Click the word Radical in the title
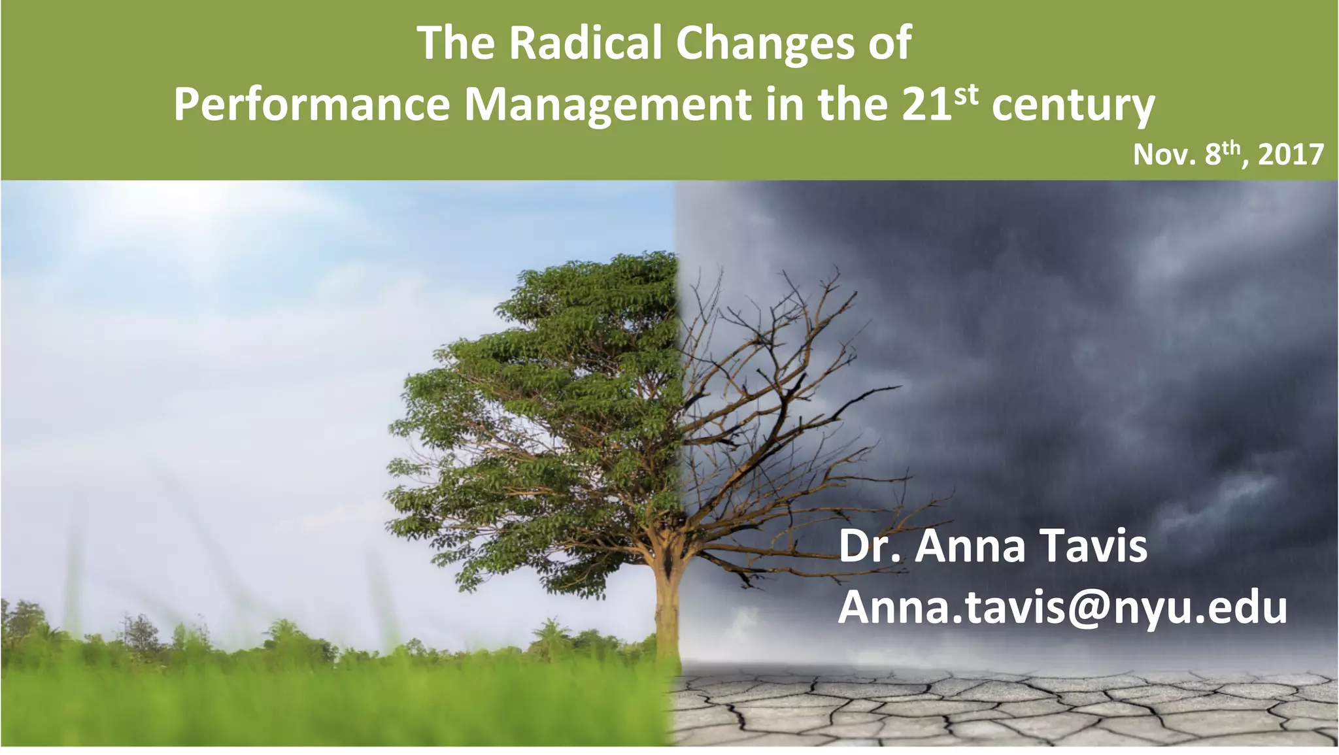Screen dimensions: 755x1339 (585, 43)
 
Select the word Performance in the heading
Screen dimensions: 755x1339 (312, 105)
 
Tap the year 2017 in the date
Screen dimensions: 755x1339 (1291, 156)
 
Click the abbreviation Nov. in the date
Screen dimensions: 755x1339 (1164, 156)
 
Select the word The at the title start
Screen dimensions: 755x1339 (456, 43)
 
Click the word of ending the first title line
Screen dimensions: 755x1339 (889, 43)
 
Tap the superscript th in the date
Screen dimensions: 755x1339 (1232, 148)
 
